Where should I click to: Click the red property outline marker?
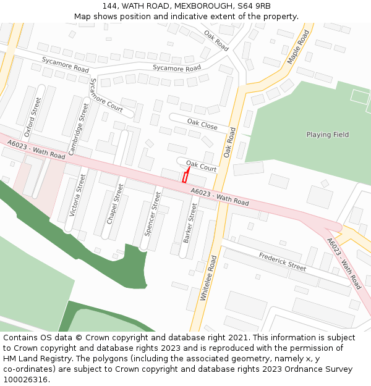pos(185,177)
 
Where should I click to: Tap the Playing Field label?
pos(327,135)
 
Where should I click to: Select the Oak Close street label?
pos(202,125)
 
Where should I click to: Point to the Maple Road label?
pos(298,47)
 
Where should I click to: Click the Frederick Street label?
pos(282,262)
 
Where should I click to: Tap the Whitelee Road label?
pos(208,278)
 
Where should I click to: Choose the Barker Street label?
pos(190,223)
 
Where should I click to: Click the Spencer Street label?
pos(152,214)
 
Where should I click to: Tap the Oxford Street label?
pos(32,117)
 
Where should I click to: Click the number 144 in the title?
pos(109,6)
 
